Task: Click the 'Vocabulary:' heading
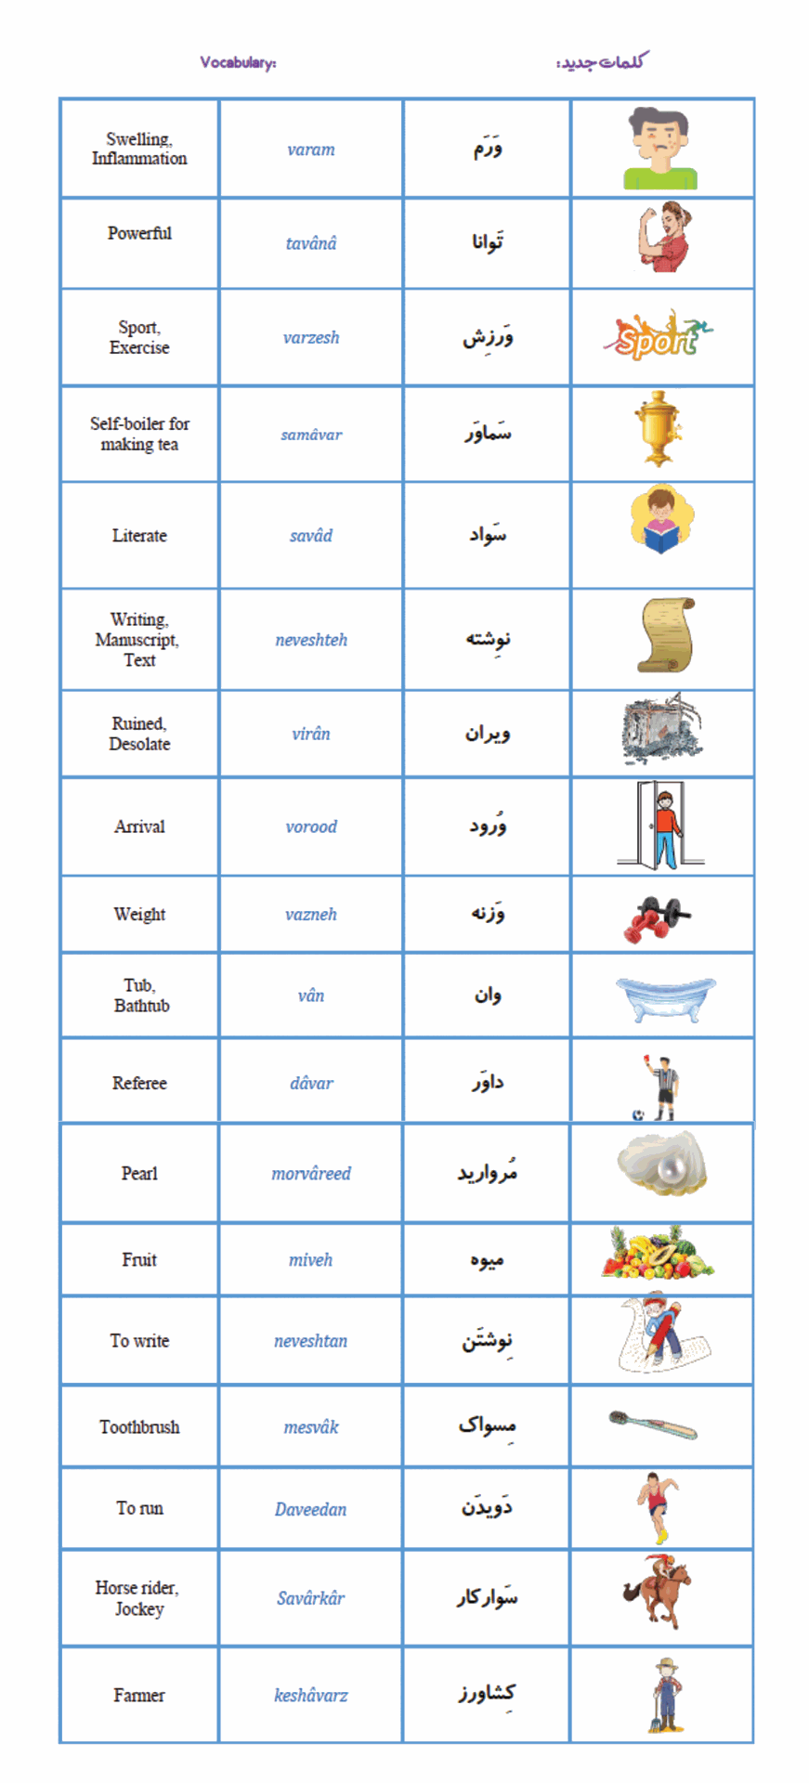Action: point(238,62)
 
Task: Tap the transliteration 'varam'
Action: point(310,150)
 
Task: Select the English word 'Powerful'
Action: point(139,233)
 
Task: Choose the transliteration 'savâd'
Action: point(310,536)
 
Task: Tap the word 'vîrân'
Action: point(310,734)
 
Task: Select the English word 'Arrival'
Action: point(139,826)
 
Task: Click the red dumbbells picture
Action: point(657,918)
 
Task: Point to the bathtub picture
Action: point(665,997)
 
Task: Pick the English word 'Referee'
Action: point(139,1083)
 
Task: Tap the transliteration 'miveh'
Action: point(310,1260)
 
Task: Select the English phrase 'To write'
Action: point(139,1341)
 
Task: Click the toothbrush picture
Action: point(653,1425)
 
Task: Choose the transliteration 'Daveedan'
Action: point(310,1509)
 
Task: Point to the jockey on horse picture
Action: point(658,1594)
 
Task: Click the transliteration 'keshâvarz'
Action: point(310,1696)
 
